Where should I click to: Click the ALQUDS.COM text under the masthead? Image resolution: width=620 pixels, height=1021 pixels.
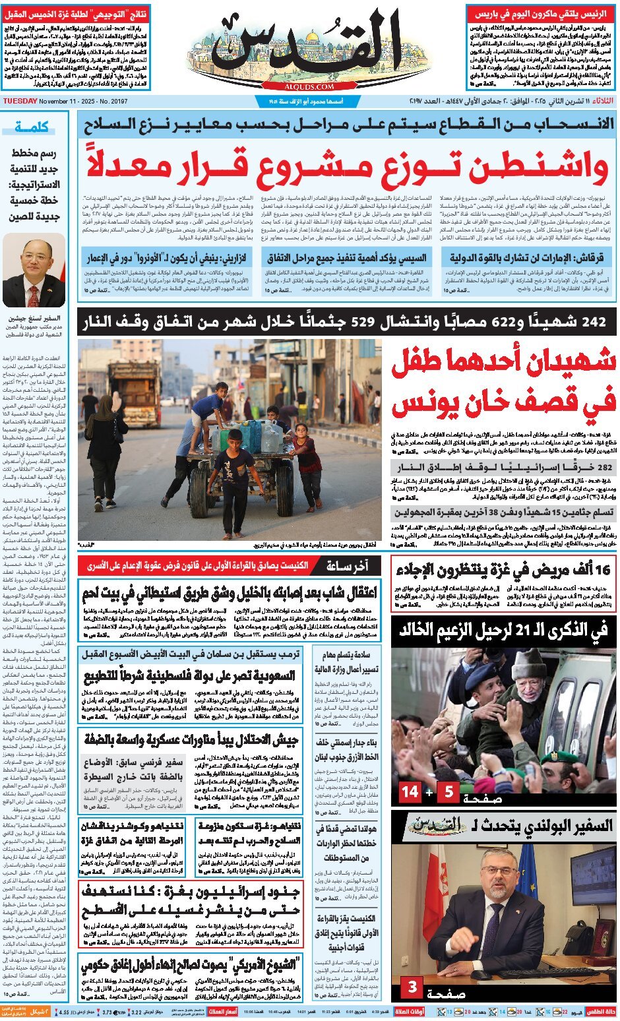pos(311,86)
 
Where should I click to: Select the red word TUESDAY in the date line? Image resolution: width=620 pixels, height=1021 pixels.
pos(20,101)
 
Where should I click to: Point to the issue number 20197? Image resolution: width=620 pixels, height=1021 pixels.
pos(118,101)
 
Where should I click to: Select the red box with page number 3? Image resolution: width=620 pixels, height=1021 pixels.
pos(412,987)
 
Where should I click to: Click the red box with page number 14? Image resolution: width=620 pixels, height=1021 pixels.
pos(410,791)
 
